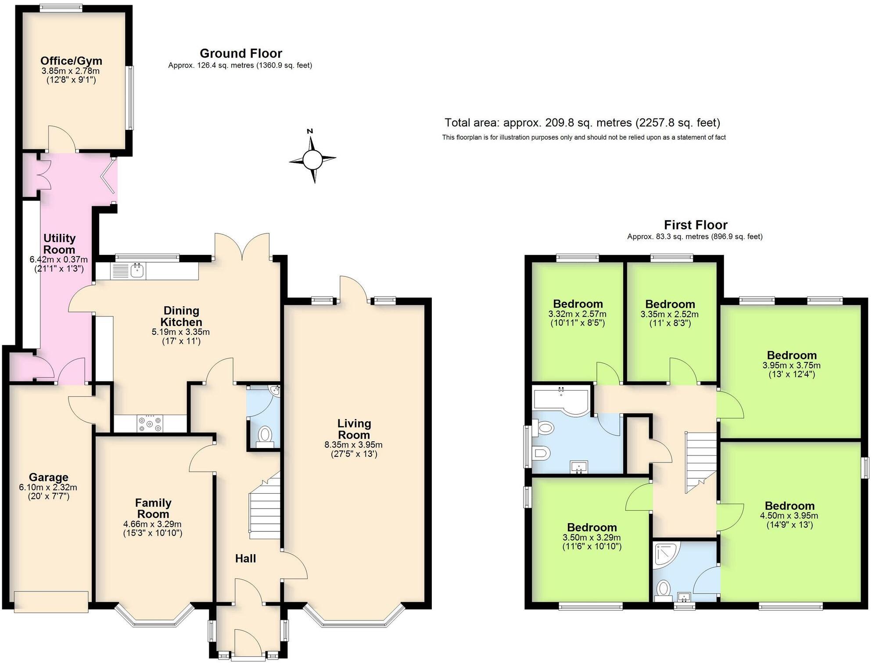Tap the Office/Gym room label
71,61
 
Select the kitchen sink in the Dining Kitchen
138,270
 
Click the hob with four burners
150,424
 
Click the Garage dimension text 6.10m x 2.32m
48,487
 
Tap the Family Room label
153,508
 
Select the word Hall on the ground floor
245,559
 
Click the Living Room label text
354,429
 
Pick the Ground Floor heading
240,54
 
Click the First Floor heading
695,225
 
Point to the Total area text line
582,122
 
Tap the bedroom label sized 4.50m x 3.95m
789,506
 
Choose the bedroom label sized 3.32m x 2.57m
578,304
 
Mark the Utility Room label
59,244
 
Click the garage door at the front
51,602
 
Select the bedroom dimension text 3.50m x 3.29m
592,538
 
